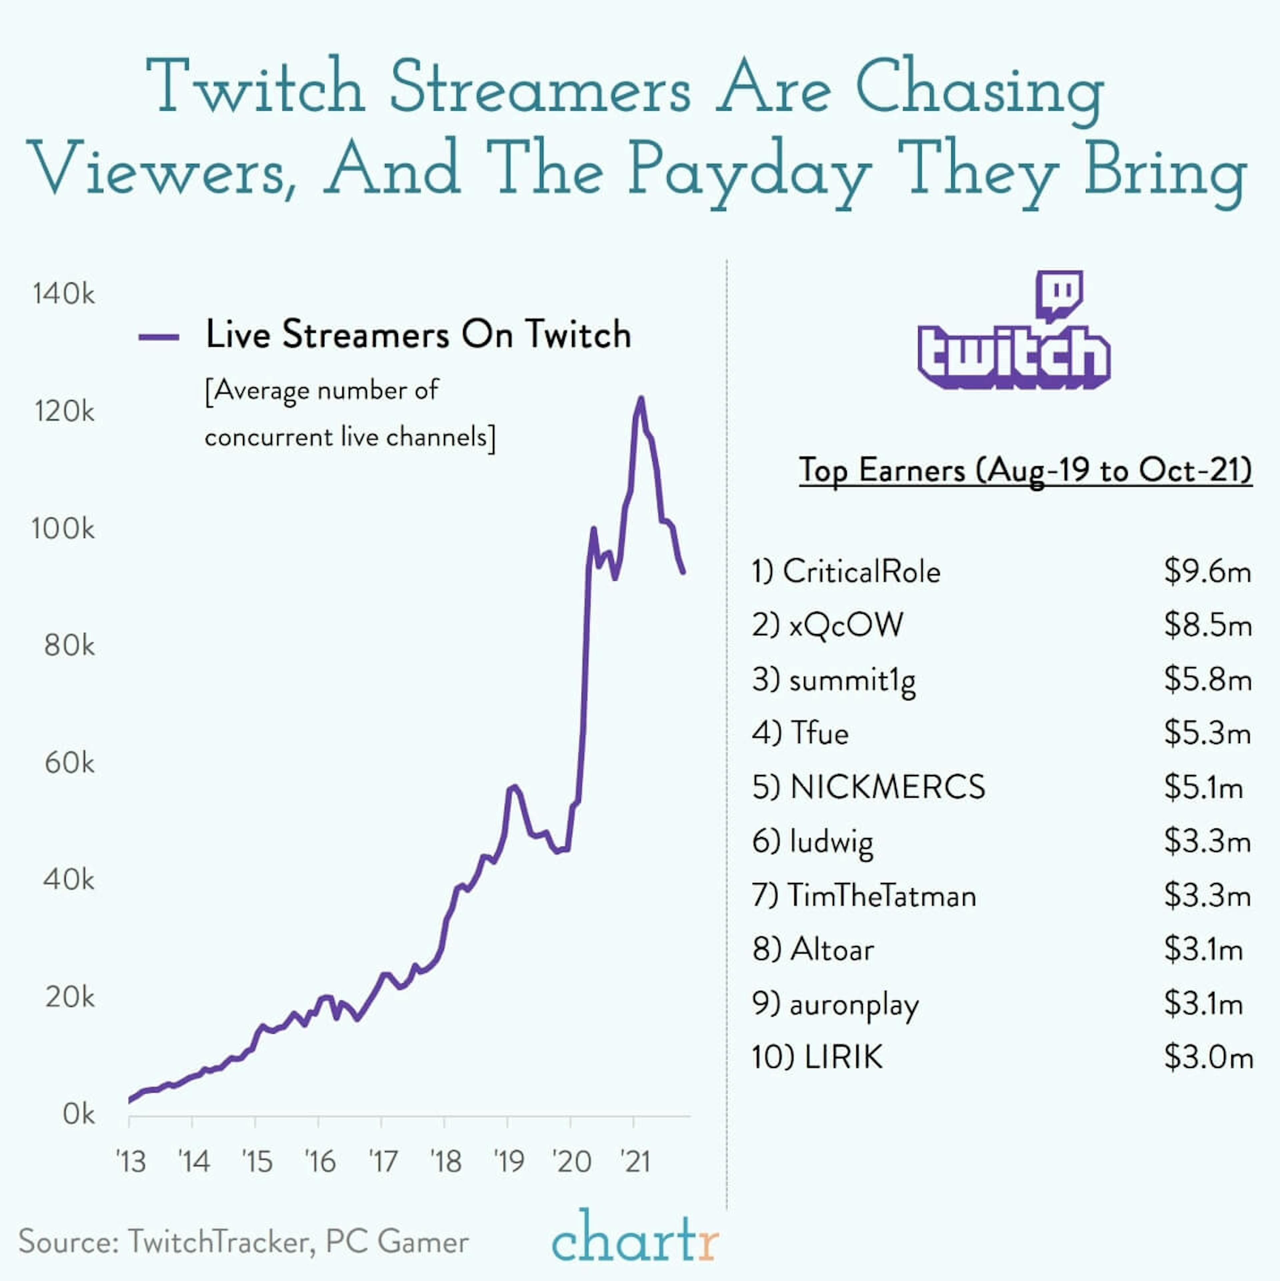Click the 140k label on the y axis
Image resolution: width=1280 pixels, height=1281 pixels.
pos(64,294)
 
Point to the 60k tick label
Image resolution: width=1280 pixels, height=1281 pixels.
pos(69,763)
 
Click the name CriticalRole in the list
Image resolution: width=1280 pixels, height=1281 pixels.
pos(861,572)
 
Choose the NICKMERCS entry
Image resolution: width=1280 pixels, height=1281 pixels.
pos(887,787)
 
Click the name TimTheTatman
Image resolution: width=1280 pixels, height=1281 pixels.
pos(881,896)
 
